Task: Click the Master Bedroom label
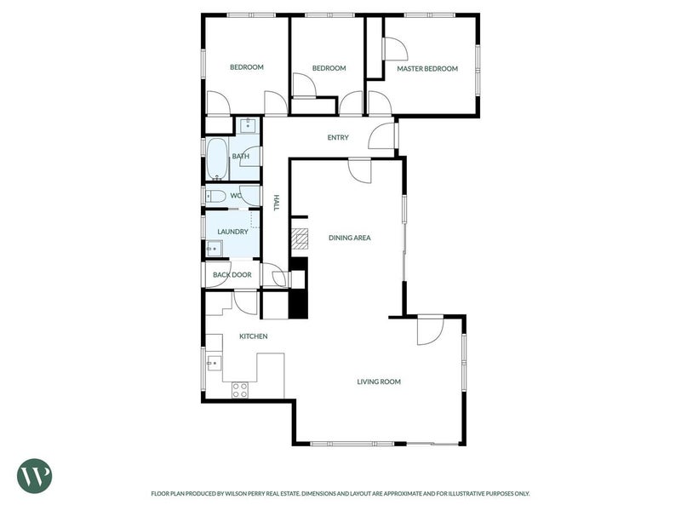tap(427, 69)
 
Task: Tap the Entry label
tap(338, 138)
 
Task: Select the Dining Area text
tap(350, 238)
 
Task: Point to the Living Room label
tap(379, 382)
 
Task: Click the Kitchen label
tap(254, 336)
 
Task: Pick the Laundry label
tap(232, 232)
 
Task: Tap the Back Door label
tap(232, 275)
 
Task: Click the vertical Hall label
tap(276, 203)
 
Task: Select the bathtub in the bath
tap(217, 159)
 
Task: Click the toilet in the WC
tap(215, 197)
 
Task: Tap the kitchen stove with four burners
tap(240, 390)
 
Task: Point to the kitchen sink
tap(214, 363)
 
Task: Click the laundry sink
tap(214, 249)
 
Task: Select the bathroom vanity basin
tap(248, 125)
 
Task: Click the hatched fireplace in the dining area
tap(300, 239)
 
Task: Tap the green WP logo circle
tap(34, 476)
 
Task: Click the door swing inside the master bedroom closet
tap(396, 49)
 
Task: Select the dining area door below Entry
tap(360, 171)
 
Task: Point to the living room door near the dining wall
tap(430, 331)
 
